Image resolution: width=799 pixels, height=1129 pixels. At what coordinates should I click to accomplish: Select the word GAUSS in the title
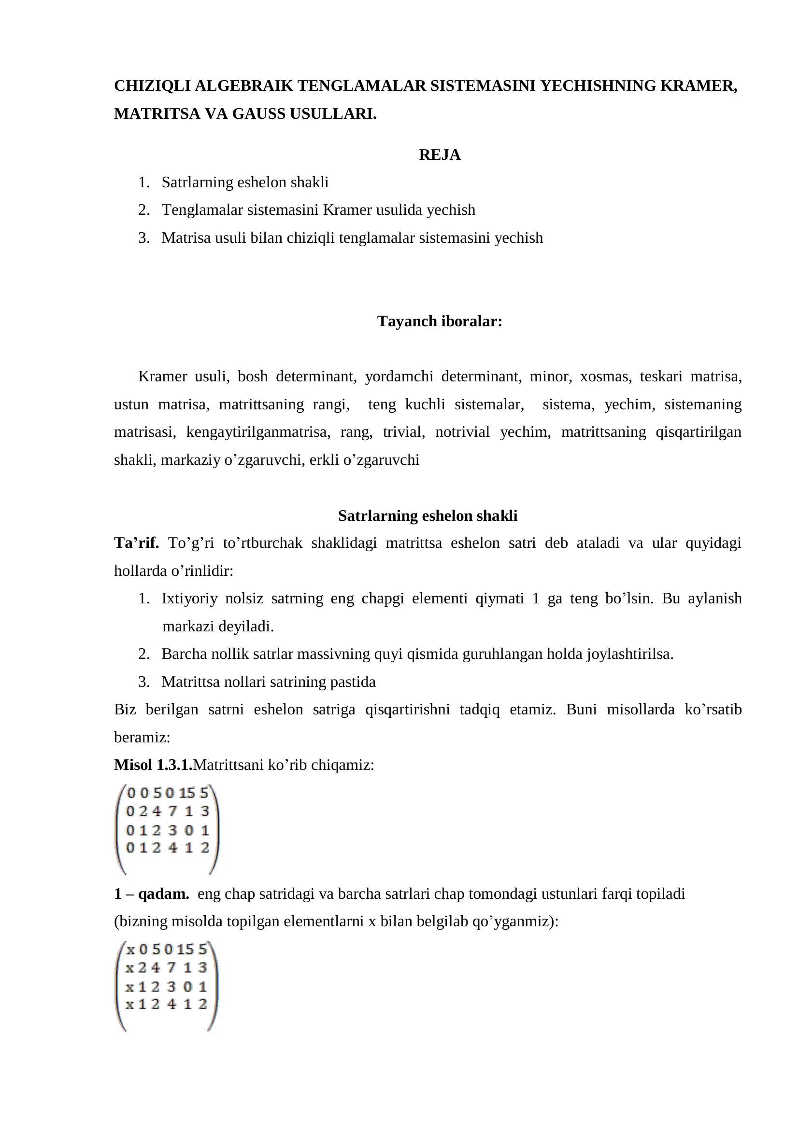(259, 114)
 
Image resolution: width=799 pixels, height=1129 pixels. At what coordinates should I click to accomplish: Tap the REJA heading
(439, 155)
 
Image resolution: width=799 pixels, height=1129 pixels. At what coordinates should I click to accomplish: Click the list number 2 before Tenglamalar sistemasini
(143, 210)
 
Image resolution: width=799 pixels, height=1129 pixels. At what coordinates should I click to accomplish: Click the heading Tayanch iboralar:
(439, 321)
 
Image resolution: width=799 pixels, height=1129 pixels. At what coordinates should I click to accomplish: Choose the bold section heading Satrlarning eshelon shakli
(428, 516)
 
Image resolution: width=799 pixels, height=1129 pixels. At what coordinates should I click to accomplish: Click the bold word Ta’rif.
(136, 543)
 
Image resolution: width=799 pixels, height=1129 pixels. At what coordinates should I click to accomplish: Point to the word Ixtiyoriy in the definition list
(189, 599)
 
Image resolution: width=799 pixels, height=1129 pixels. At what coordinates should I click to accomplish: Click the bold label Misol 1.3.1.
(153, 765)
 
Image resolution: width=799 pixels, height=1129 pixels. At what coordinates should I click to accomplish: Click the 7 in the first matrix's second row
(171, 811)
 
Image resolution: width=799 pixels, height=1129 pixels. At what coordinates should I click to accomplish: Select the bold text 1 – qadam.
(151, 894)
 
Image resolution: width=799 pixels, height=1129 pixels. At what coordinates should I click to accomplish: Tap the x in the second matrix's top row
(130, 949)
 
